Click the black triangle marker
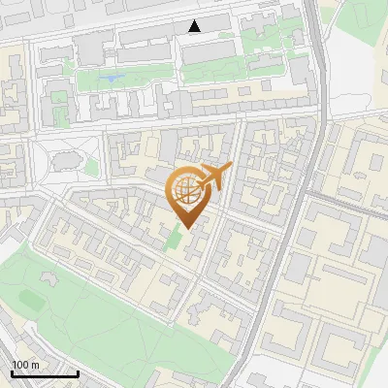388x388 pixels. pos(196,25)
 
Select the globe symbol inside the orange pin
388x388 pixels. pos(187,189)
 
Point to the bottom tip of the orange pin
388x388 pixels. pos(187,228)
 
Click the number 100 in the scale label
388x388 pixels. pos(20,366)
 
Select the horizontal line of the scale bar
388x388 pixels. pos(44,373)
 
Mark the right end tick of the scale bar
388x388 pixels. pos(78,372)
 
